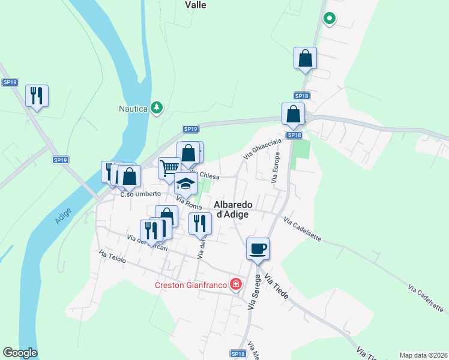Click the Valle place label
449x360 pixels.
coord(196,5)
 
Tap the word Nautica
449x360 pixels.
coord(133,109)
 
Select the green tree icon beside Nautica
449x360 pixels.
coord(157,107)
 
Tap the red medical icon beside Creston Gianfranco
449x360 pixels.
coord(237,284)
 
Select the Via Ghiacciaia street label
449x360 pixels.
coord(262,148)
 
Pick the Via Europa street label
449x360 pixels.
coord(276,167)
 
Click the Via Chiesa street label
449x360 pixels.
coord(206,175)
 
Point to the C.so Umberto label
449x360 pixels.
coord(140,194)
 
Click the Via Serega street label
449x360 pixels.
coord(255,292)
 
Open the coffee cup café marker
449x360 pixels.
coord(258,248)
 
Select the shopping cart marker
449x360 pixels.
coord(169,167)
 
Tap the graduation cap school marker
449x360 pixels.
coord(186,184)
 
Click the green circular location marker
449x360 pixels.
coord(329,19)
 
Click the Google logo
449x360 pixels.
coord(20,353)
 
